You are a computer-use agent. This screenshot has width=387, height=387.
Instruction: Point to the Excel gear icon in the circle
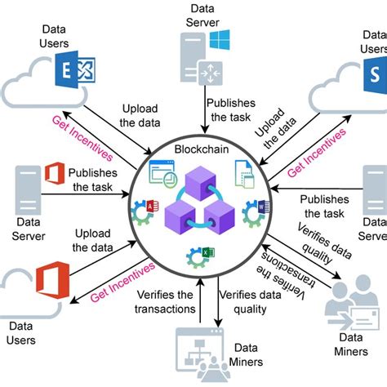pyautogui.click(x=195, y=255)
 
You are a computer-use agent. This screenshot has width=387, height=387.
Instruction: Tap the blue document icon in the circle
pyautogui.click(x=242, y=172)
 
